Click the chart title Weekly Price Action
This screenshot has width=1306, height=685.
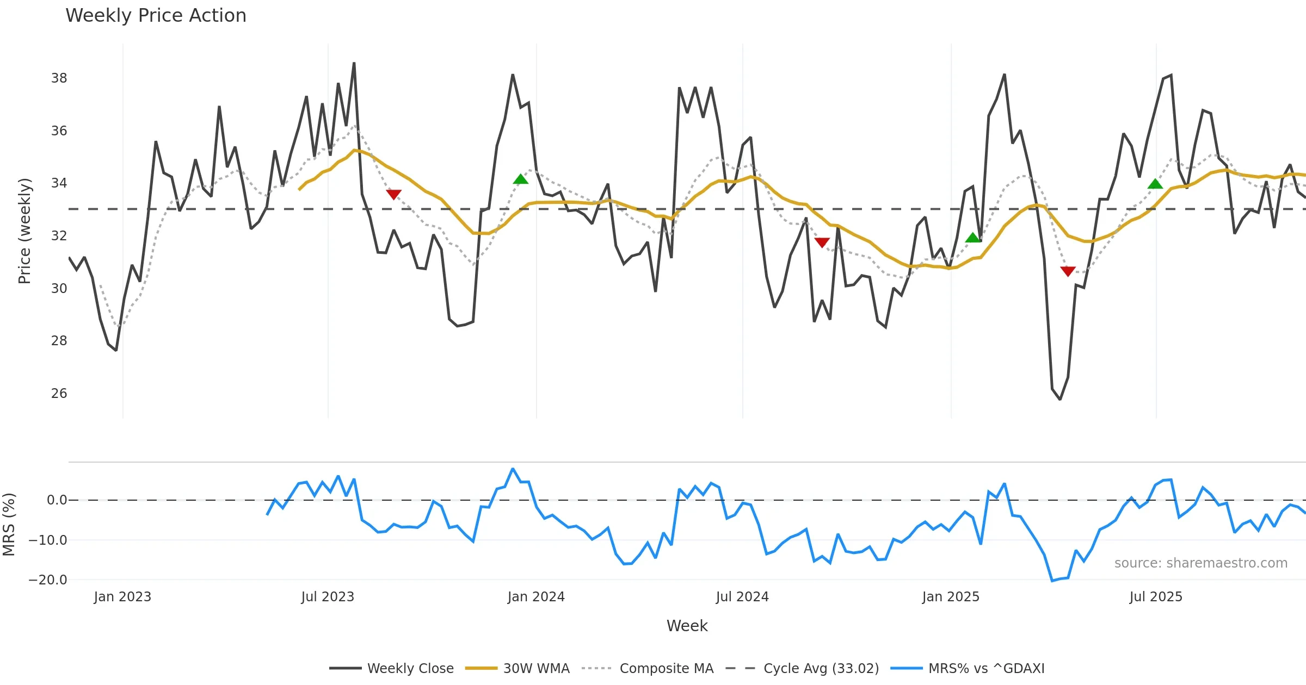(x=156, y=16)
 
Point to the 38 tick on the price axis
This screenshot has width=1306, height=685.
(x=59, y=78)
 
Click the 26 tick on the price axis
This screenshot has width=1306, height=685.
(x=59, y=394)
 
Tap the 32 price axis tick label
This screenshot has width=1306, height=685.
(x=59, y=236)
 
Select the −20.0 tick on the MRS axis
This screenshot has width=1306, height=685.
(x=48, y=580)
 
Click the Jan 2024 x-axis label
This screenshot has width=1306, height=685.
(x=536, y=597)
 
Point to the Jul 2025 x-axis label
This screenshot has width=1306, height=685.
(x=1156, y=597)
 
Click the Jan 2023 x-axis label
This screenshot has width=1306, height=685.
(x=122, y=597)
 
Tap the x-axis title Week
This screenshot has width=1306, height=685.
(x=687, y=626)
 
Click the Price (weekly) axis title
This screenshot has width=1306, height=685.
(x=24, y=231)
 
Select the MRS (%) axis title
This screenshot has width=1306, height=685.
(x=9, y=525)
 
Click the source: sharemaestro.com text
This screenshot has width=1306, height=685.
(x=1200, y=563)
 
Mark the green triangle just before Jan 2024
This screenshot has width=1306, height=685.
(x=521, y=179)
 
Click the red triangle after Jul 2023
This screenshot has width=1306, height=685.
(x=393, y=194)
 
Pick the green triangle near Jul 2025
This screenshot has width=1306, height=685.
(x=1155, y=184)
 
